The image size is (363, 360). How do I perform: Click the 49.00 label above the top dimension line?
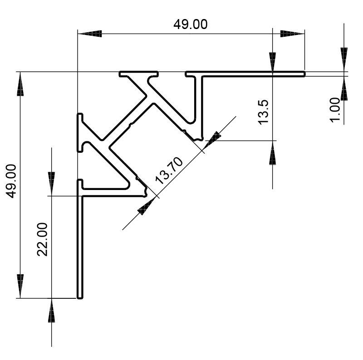(190, 24)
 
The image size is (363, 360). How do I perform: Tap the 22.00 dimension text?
(43, 239)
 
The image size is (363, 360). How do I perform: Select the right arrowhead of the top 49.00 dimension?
(292, 34)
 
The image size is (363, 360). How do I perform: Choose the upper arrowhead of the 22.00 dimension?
(51, 183)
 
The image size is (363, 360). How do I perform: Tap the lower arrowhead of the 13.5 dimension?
(272, 153)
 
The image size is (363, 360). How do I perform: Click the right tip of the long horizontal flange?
(303, 74)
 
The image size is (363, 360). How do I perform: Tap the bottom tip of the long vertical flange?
(80, 297)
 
